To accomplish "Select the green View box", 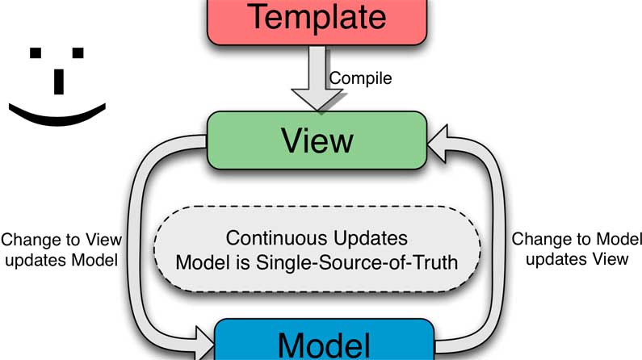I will (x=317, y=140).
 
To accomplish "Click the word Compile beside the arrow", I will (x=361, y=78).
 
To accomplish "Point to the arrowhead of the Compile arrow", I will (x=317, y=103).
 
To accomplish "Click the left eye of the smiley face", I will (x=36, y=53).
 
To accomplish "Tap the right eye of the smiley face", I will (x=78, y=53).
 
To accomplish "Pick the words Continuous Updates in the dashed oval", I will (x=317, y=239).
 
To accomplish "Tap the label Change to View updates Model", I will (x=61, y=249).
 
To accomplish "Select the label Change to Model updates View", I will (x=577, y=249).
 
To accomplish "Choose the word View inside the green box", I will (x=317, y=140).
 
